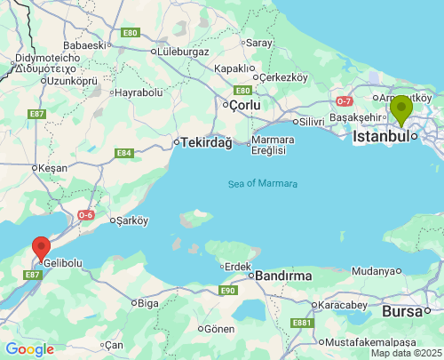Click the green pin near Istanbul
(x=401, y=109)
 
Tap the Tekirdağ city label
(x=206, y=142)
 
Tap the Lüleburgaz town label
(x=183, y=51)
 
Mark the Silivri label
(x=311, y=121)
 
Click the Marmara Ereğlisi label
(x=266, y=145)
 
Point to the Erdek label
(x=237, y=266)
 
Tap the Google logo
(x=29, y=349)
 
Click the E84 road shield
(x=123, y=154)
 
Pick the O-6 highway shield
(x=86, y=214)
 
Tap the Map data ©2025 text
(x=406, y=353)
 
